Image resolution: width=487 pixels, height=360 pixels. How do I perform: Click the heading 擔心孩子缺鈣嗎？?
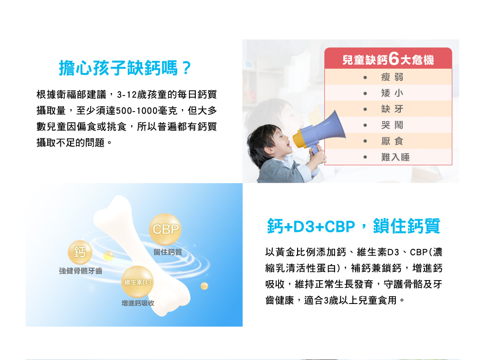coord(125,68)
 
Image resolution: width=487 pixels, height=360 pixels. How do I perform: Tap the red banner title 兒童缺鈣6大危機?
coord(388,59)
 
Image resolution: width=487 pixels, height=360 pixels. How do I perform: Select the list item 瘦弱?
coord(392,76)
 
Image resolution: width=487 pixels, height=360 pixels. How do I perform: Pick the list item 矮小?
coord(392,93)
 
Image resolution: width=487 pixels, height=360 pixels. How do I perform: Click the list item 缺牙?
coord(392,109)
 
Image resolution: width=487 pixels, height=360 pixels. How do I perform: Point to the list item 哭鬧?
coord(392,125)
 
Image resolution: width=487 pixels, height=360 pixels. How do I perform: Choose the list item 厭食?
coord(392,141)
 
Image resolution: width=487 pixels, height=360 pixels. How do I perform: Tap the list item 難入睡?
coord(395,157)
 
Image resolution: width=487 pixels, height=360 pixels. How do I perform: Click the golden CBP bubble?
coord(165,229)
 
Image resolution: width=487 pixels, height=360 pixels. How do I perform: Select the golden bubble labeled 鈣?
coord(80,252)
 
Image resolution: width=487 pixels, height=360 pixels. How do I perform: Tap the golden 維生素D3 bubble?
coord(137,282)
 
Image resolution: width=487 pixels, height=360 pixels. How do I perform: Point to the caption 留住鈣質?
coord(168,252)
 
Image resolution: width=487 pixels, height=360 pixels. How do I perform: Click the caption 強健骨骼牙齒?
coord(80,271)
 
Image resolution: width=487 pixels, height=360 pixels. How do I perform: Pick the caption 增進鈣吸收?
coord(138,303)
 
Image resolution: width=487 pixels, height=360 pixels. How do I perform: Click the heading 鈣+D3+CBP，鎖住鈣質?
coord(354,226)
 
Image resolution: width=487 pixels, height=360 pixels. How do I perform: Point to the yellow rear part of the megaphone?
coord(298,139)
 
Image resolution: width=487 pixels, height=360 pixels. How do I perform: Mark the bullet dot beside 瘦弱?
coord(365,77)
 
